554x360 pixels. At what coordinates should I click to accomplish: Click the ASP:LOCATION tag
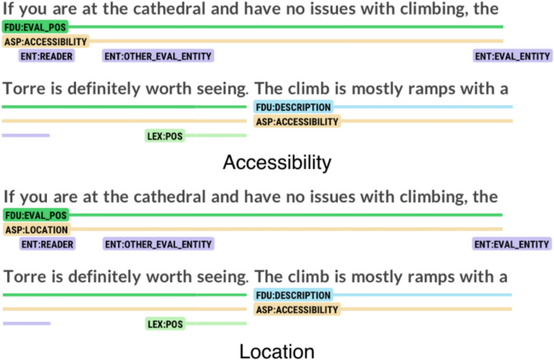click(36, 230)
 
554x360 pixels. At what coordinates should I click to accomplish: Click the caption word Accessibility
click(277, 163)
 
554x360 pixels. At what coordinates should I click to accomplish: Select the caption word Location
click(277, 351)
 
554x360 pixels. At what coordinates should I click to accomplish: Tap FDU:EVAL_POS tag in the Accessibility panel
click(35, 27)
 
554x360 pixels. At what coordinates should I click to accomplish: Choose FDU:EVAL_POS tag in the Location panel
click(35, 215)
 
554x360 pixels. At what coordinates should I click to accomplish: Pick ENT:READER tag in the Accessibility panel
click(47, 56)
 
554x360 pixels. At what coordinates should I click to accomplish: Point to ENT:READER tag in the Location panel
click(47, 244)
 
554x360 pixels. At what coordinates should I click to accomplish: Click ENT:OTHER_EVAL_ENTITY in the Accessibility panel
click(158, 56)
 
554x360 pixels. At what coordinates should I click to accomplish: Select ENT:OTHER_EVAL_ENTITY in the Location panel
click(158, 244)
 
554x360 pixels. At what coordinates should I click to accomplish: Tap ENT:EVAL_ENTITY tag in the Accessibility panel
click(512, 56)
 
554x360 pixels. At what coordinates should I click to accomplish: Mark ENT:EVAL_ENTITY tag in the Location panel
click(512, 244)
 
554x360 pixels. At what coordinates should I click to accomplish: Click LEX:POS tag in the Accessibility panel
click(164, 136)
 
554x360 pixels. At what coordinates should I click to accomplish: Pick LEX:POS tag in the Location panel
click(164, 324)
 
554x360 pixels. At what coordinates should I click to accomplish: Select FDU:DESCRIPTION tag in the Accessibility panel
click(293, 107)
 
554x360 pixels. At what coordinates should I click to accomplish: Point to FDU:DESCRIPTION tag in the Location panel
click(293, 295)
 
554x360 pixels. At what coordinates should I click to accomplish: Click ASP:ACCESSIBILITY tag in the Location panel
click(297, 310)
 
